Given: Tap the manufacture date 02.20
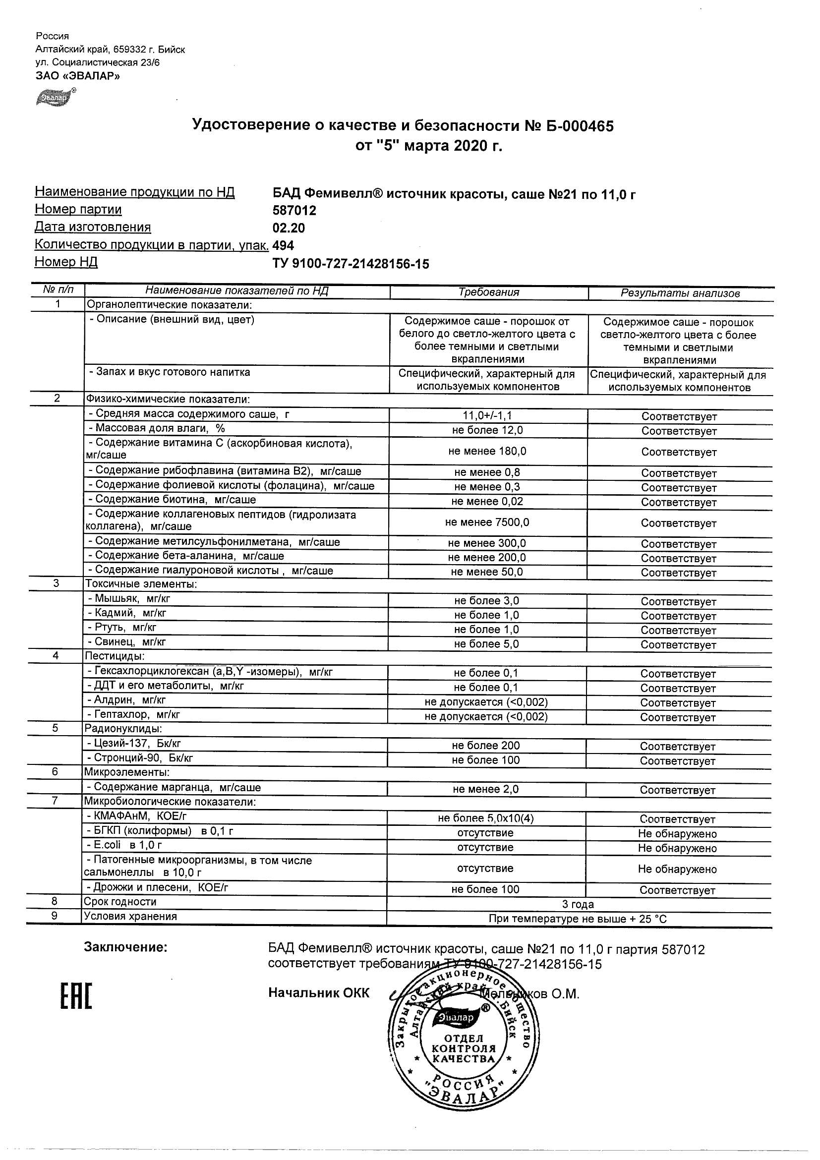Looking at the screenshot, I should pos(289,228).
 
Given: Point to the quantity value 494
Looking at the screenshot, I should pos(283,245).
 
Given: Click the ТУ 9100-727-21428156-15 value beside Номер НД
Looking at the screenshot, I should pos(351,264).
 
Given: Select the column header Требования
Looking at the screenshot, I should pos(488,292).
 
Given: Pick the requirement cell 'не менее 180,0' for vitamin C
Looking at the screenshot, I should pos(487,451).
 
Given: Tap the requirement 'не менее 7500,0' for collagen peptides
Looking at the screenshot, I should pos(487,522).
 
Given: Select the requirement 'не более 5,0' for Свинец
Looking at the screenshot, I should pos(486,644).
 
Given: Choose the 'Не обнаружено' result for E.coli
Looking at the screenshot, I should pos(677,848).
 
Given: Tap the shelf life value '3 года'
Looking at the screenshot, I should pos(578,904).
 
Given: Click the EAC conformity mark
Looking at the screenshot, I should pos(76,996).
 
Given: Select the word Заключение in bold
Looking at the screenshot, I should pos(125,947).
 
